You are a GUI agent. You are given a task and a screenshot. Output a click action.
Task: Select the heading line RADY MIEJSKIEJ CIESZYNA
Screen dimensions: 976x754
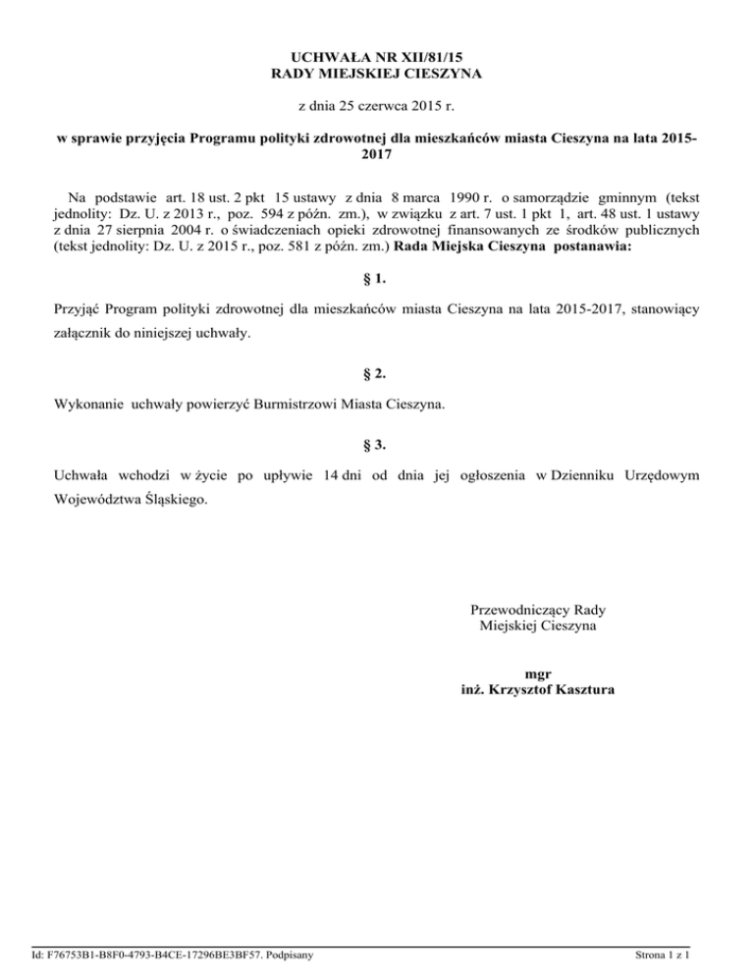tap(377, 75)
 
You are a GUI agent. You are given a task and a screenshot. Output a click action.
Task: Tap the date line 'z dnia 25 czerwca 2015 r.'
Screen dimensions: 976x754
tap(377, 105)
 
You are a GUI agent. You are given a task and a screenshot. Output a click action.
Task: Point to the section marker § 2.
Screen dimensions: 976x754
tap(377, 373)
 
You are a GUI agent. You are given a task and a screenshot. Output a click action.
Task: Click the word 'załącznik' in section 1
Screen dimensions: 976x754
tap(82, 334)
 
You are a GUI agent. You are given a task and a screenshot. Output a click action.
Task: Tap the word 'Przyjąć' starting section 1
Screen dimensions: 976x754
tap(76, 309)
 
